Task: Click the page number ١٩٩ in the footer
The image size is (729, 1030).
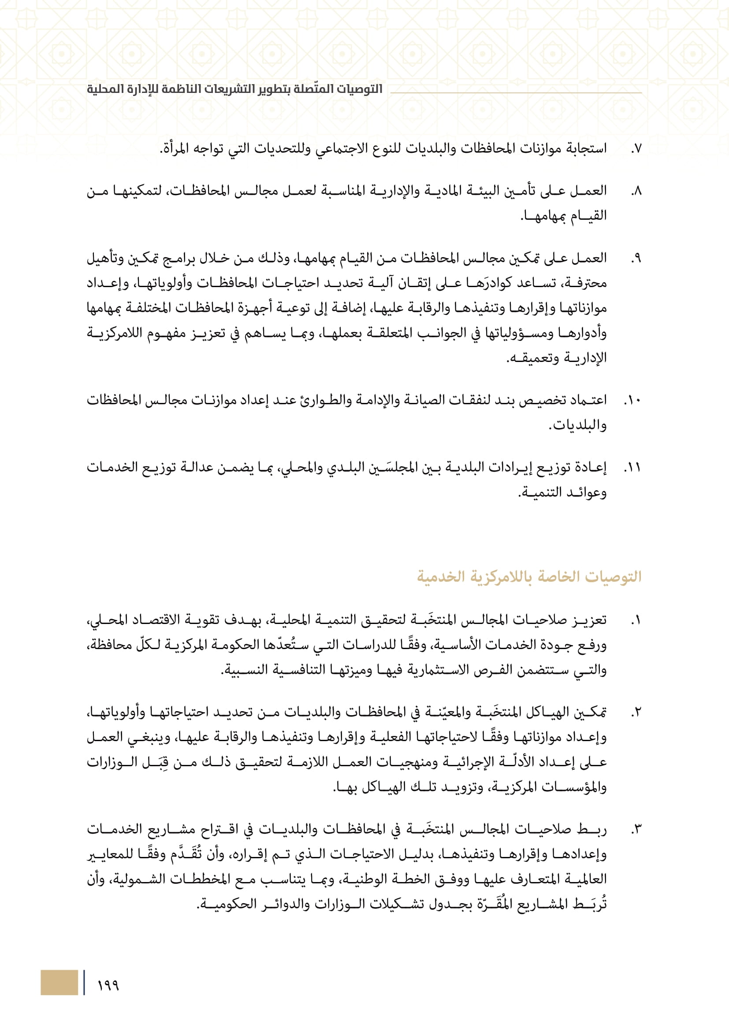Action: pyautogui.click(x=108, y=985)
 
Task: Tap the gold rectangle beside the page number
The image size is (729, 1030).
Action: pyautogui.click(x=59, y=982)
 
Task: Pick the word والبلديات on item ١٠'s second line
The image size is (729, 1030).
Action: pyautogui.click(x=578, y=425)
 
